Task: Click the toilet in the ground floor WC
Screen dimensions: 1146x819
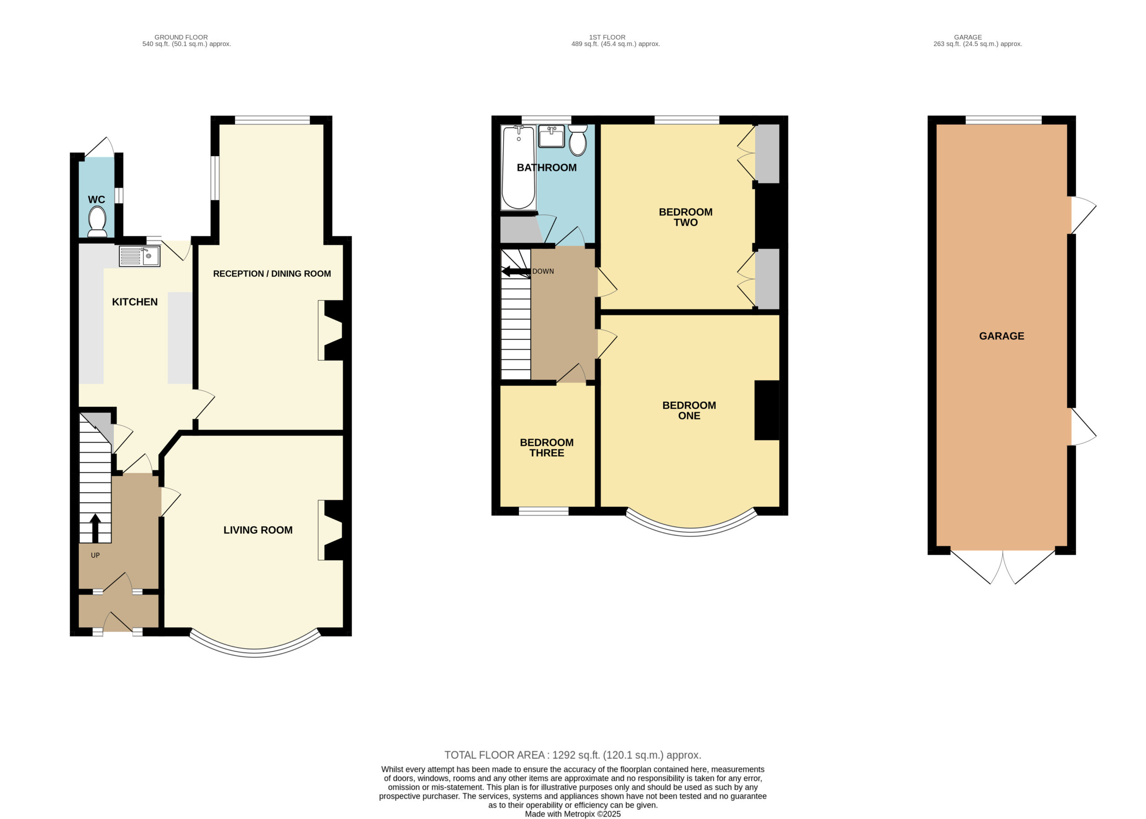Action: (x=97, y=222)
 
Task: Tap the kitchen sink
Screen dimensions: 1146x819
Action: (x=139, y=256)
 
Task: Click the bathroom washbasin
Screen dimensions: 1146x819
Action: (x=552, y=136)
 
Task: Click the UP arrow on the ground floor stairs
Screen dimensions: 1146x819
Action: (x=95, y=525)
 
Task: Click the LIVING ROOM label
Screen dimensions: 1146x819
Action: (x=258, y=530)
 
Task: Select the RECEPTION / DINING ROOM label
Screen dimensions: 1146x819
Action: (x=272, y=274)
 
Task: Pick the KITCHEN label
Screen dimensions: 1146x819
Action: (x=135, y=302)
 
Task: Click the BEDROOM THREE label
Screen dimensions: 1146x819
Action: (x=547, y=448)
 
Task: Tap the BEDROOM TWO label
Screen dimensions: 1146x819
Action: (x=685, y=218)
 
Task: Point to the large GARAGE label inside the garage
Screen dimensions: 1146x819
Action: (x=1001, y=336)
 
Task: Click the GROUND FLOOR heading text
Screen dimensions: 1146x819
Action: (x=181, y=37)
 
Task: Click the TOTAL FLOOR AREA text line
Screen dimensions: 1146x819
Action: (x=573, y=755)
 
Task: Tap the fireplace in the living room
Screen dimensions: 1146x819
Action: (x=330, y=530)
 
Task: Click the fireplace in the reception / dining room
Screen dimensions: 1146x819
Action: (x=330, y=330)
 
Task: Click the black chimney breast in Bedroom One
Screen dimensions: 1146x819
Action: (x=767, y=410)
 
